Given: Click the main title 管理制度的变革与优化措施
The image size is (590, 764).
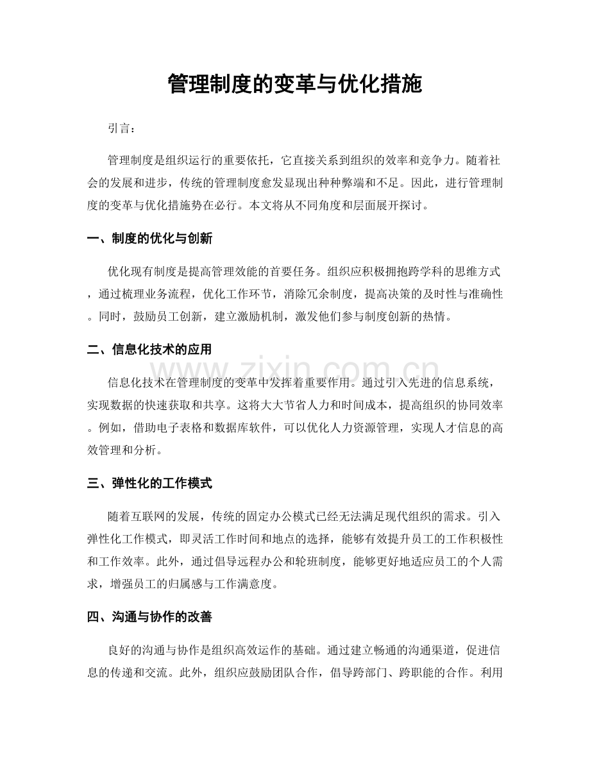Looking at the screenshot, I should pyautogui.click(x=294, y=83).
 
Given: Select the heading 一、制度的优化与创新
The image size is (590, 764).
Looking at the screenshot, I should pyautogui.click(x=149, y=239).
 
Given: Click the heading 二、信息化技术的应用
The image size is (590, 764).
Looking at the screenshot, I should pyautogui.click(x=149, y=350).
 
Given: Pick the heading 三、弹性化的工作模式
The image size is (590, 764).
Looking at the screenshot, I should pyautogui.click(x=149, y=483).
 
